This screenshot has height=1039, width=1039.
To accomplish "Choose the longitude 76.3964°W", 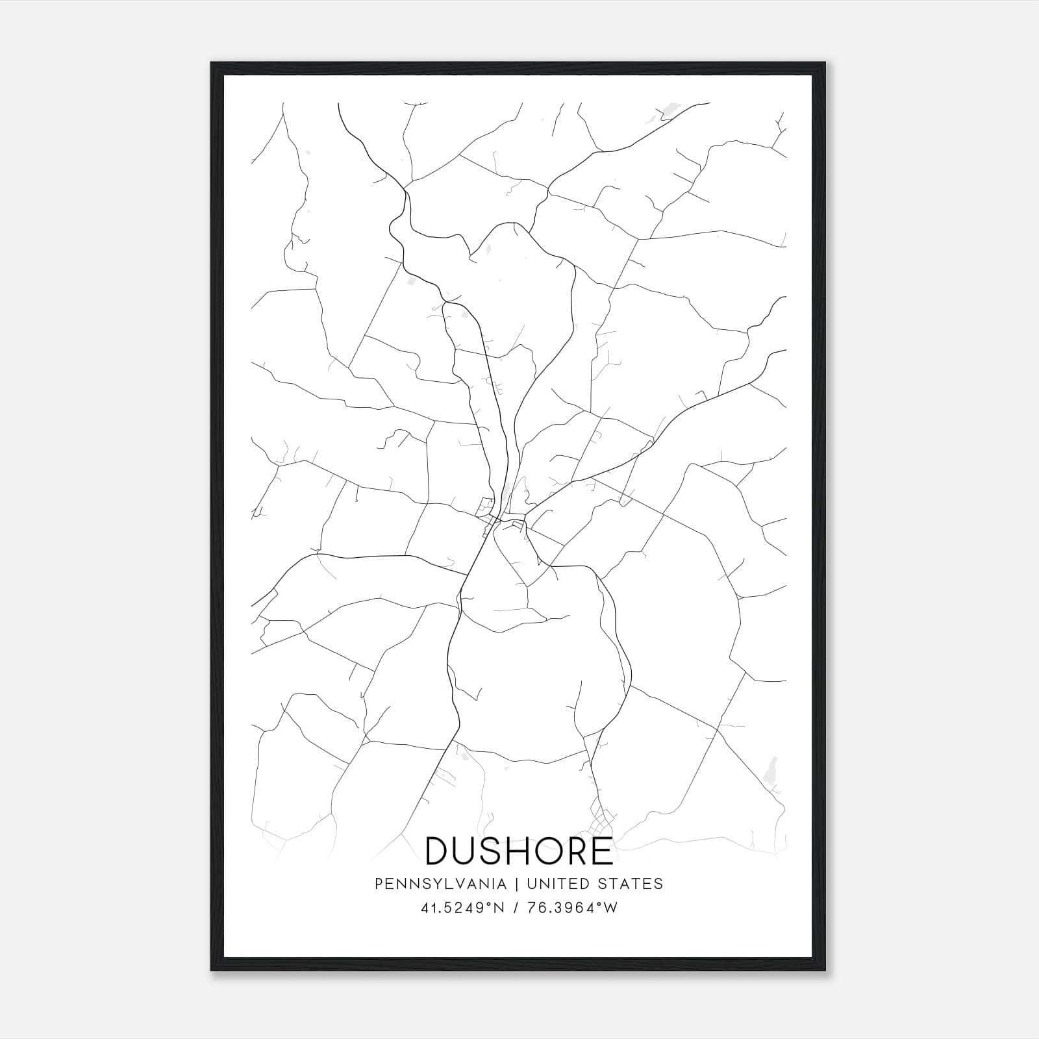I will tap(573, 908).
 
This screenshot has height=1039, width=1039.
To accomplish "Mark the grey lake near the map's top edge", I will tap(666, 115).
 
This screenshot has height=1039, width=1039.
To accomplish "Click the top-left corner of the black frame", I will tap(212, 63).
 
